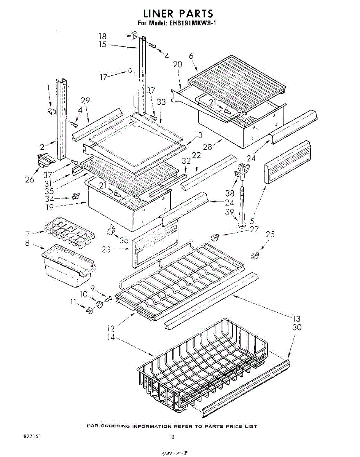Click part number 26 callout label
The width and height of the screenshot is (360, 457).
pyautogui.click(x=29, y=180)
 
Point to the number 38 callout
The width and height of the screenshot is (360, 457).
pyautogui.click(x=229, y=193)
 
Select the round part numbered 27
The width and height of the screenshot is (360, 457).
pyautogui.click(x=215, y=238)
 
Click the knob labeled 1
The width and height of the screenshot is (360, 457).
pyautogui.click(x=51, y=111)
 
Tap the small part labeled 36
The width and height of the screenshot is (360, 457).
pyautogui.click(x=111, y=229)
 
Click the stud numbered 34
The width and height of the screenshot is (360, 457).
pyautogui.click(x=75, y=197)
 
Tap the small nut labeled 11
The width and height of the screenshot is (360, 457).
pyautogui.click(x=90, y=311)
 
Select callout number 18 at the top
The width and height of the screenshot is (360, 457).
pyautogui.click(x=103, y=37)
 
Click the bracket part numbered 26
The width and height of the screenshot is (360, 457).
pyautogui.click(x=44, y=160)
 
